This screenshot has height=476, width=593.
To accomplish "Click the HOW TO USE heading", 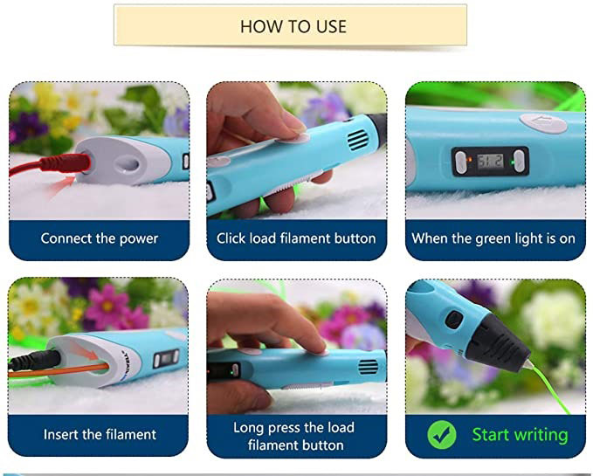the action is tap(293, 26).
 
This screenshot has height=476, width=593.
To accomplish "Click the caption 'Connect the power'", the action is tap(99, 238).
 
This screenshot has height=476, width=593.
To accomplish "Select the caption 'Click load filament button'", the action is tap(296, 238).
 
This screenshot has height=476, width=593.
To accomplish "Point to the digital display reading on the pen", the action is tap(490, 162).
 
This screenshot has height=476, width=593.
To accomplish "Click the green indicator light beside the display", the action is tap(513, 162).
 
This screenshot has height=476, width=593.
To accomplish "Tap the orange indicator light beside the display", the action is tap(469, 160).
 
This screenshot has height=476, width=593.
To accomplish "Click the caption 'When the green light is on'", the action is tap(493, 238).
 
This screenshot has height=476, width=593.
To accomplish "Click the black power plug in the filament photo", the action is tap(35, 360).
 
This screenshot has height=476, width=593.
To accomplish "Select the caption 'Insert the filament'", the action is tap(100, 434).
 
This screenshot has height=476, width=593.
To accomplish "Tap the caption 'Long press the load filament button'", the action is tap(294, 437).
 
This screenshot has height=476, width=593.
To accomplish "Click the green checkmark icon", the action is tap(442, 435).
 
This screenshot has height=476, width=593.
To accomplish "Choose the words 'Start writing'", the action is tap(520, 435).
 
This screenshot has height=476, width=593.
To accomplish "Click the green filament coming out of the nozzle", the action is tap(549, 389).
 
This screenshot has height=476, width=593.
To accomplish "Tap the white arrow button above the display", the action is tap(543, 122).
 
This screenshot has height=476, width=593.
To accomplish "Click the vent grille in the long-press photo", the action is tap(368, 367).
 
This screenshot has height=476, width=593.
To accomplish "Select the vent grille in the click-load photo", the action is tap(357, 139).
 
